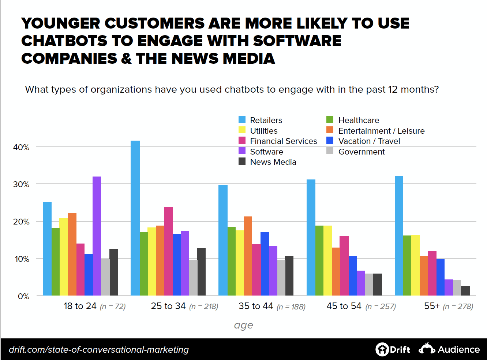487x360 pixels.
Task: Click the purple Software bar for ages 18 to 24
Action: (x=97, y=236)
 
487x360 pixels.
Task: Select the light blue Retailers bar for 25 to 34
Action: (x=135, y=218)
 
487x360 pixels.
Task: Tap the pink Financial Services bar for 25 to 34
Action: (x=168, y=251)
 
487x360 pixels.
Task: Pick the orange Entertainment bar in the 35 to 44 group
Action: (x=248, y=256)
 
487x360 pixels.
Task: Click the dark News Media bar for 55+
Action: (x=465, y=291)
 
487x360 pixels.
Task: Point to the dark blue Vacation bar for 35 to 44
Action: (x=265, y=264)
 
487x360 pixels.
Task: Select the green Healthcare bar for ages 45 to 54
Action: (x=319, y=260)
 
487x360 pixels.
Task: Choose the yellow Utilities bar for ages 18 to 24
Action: (x=64, y=256)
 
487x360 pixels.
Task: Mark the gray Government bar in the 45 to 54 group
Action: (x=369, y=284)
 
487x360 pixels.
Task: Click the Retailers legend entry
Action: (x=266, y=120)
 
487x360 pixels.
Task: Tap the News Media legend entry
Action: (x=273, y=162)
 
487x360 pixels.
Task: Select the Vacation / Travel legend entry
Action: (x=369, y=141)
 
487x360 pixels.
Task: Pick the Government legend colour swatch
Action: (x=330, y=151)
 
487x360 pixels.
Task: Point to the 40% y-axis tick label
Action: (x=21, y=147)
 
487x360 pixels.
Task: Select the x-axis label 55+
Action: (x=432, y=306)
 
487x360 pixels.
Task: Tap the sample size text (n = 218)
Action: (x=203, y=307)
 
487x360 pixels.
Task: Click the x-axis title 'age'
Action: (x=243, y=325)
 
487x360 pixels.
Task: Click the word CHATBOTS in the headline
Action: (x=64, y=41)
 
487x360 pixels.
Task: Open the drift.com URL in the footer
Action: (x=99, y=350)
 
